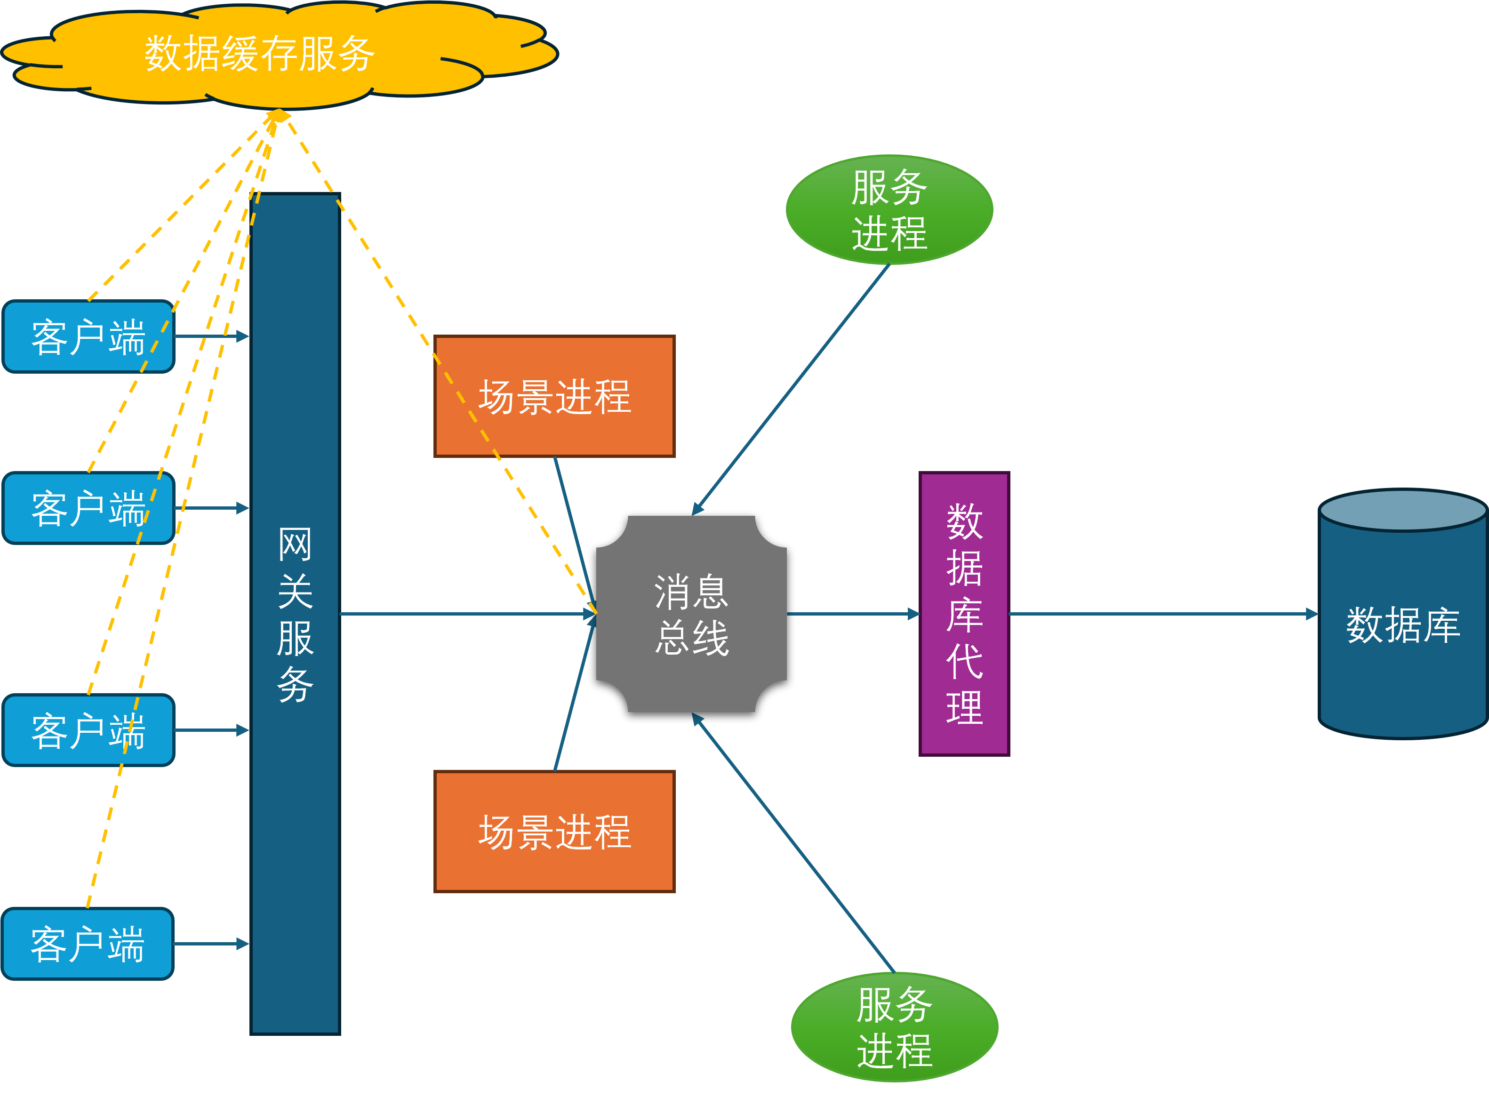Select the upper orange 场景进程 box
[x=554, y=396]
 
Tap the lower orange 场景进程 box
[x=554, y=832]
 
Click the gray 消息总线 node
[x=691, y=614]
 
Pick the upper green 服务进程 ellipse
[x=889, y=210]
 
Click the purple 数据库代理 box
[x=964, y=614]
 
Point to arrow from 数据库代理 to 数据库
[x=1162, y=614]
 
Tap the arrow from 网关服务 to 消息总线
[x=464, y=614]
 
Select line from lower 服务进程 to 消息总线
[x=793, y=843]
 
